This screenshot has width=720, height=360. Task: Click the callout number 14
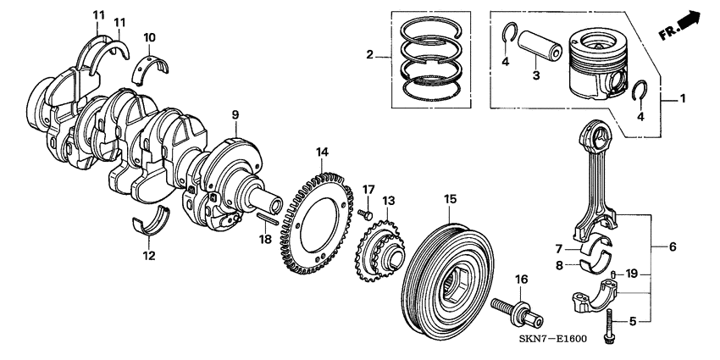[x=321, y=152]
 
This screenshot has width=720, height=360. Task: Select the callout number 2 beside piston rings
[x=369, y=56]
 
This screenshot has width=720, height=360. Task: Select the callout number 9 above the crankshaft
[x=235, y=114]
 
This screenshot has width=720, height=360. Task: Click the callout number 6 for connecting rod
[x=673, y=246]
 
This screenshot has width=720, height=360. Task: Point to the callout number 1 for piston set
[x=683, y=98]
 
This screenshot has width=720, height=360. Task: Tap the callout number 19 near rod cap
[x=630, y=274]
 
